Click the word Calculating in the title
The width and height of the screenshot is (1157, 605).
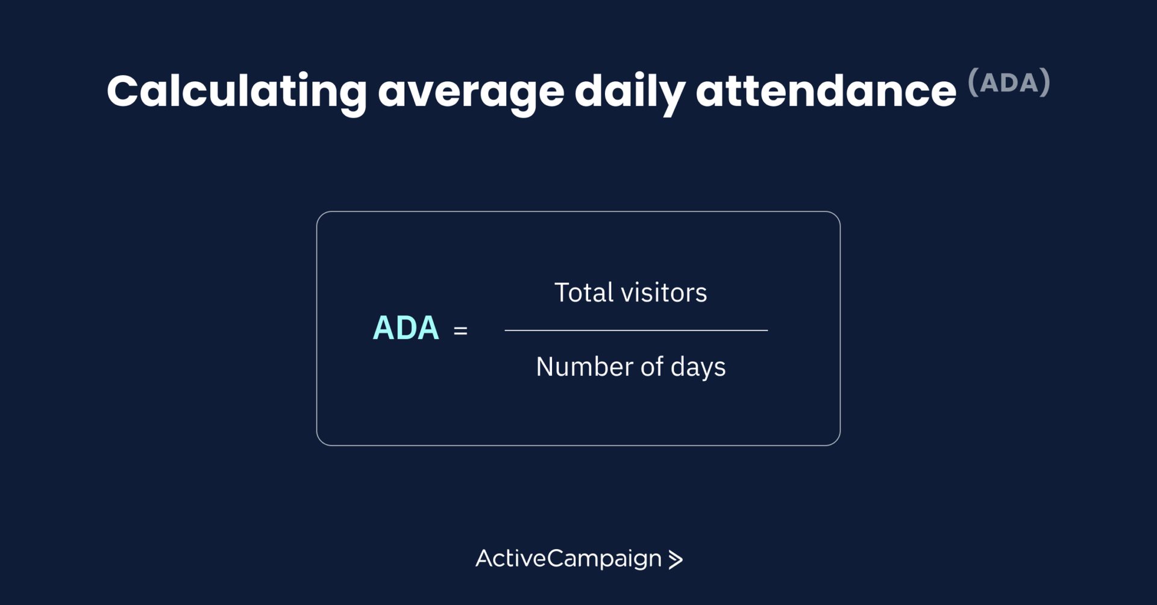click(237, 92)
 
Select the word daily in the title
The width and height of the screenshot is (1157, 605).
click(630, 92)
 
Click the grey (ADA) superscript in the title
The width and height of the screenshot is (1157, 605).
click(1009, 82)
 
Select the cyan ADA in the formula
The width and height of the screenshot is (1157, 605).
click(406, 328)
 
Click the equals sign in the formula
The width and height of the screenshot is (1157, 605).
click(460, 330)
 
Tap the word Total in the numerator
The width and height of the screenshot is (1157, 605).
click(584, 293)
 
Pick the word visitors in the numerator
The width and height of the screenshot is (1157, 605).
click(664, 293)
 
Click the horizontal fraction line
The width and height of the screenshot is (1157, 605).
click(636, 330)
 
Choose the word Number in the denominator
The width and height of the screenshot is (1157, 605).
click(585, 367)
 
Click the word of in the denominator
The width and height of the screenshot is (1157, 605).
click(652, 367)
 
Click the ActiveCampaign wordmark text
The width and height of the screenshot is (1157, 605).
click(569, 559)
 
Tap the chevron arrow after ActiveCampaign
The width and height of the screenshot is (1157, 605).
click(676, 560)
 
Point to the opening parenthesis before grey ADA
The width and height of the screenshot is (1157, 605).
click(973, 82)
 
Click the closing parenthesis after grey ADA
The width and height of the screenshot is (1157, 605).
click(1046, 82)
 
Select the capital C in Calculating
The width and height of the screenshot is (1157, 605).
click(122, 92)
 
